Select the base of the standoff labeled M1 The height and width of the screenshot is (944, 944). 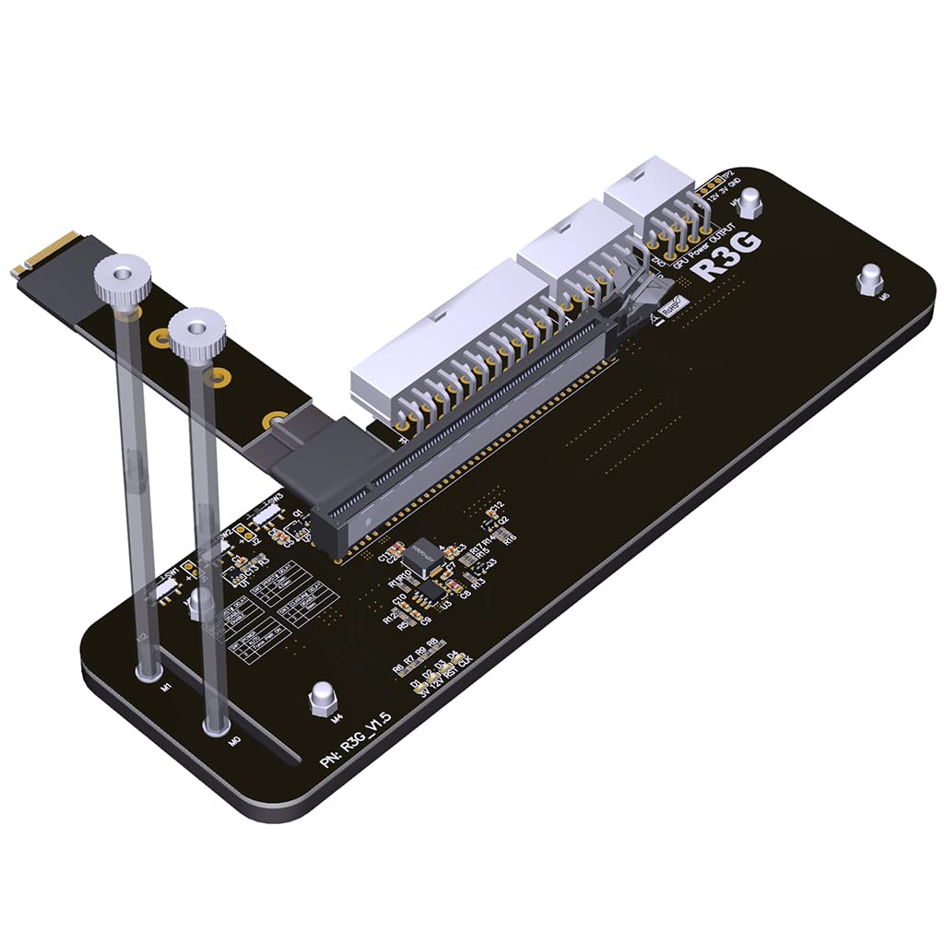[147, 674]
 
